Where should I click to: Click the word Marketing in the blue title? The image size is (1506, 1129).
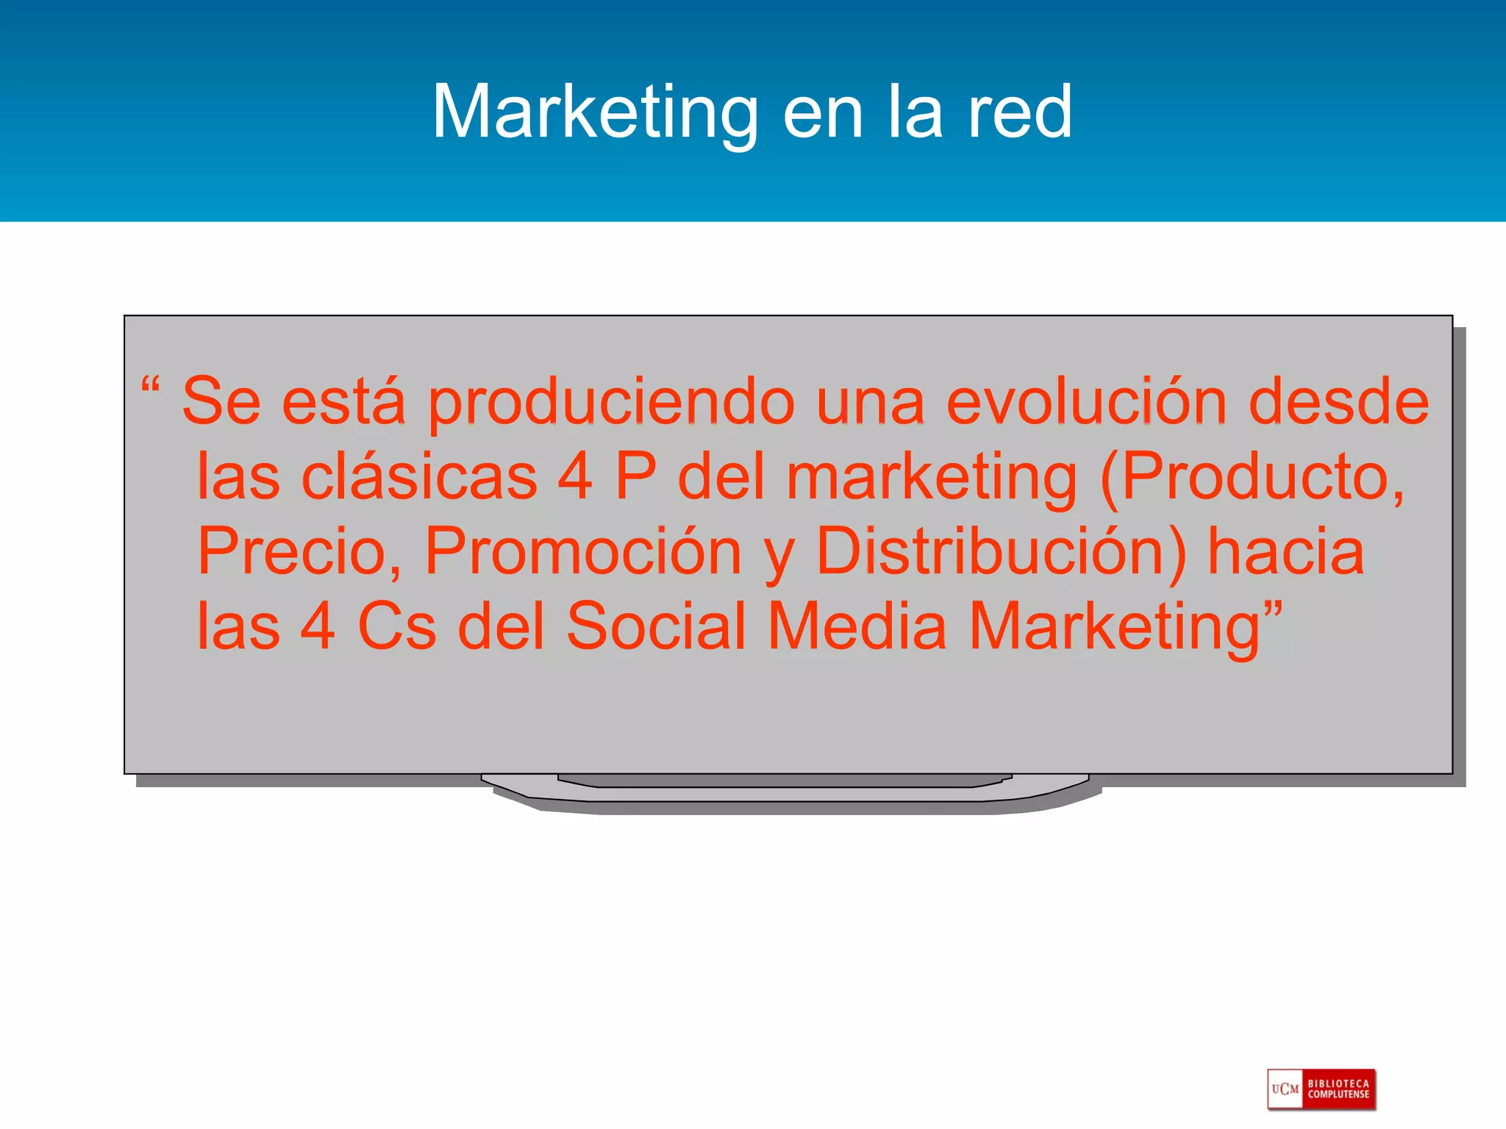tap(594, 112)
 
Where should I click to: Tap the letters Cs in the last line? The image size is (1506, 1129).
tap(396, 626)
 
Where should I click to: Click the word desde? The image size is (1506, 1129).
tap(1338, 401)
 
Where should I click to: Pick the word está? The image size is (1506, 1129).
tap(343, 401)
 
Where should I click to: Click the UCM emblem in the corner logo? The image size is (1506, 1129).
tap(1285, 1089)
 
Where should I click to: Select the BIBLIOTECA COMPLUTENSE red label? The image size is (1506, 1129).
tap(1338, 1089)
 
